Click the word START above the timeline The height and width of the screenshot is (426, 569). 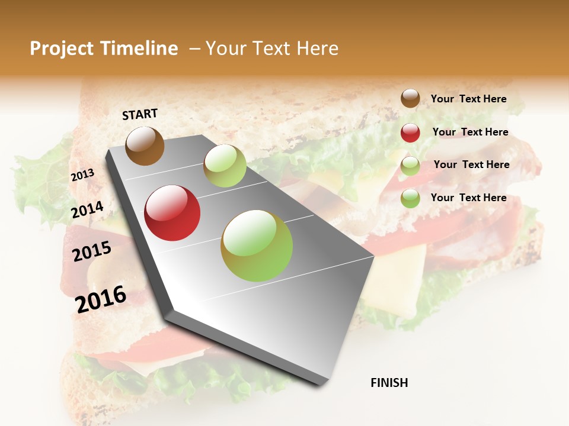pos(140,114)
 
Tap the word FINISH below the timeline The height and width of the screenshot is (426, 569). pos(389,383)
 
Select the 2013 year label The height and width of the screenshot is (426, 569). pos(82,175)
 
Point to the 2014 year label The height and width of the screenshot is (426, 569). pos(87,209)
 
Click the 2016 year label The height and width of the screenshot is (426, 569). pos(101,299)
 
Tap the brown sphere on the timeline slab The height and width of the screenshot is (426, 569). pos(145,146)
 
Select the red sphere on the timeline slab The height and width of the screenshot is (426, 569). pos(172,213)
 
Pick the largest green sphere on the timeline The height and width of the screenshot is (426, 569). pos(257,246)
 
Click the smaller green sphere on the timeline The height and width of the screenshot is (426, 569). pos(225,166)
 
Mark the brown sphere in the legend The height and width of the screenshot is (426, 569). pos(410,99)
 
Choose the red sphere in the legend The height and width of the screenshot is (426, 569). pos(410,133)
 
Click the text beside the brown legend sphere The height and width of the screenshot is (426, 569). pos(468,99)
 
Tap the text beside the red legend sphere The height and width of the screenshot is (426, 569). pos(470,132)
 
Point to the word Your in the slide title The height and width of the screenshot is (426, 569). pos(226,49)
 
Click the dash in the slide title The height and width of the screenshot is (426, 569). pos(194,49)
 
